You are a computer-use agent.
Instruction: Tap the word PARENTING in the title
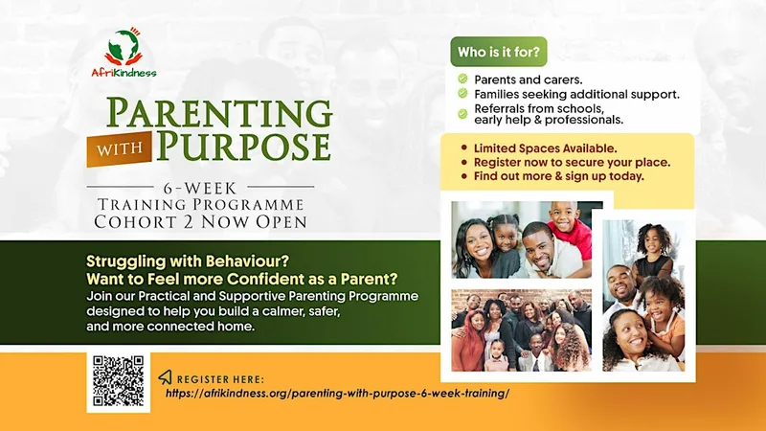coord(219,113)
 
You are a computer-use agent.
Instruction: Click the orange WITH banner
coord(120,149)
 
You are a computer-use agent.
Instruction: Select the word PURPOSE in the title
coord(244,146)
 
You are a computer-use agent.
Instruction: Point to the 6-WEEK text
coord(200,188)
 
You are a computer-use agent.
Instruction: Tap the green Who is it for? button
coord(498,52)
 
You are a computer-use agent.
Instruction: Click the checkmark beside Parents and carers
coord(462,79)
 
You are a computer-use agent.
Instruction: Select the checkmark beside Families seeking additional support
coord(462,93)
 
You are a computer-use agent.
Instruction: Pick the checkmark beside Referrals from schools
coord(462,114)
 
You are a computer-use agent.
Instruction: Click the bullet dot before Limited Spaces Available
coord(464,147)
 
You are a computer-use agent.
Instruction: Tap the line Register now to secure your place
coord(572,162)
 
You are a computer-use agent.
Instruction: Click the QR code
coord(118,381)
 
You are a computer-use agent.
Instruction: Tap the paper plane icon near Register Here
coord(165,376)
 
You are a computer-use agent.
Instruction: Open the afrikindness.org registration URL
coord(338,394)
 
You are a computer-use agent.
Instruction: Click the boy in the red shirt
coord(569,229)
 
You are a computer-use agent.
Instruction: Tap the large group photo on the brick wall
coord(521,329)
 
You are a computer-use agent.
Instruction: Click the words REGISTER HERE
coord(220,379)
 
